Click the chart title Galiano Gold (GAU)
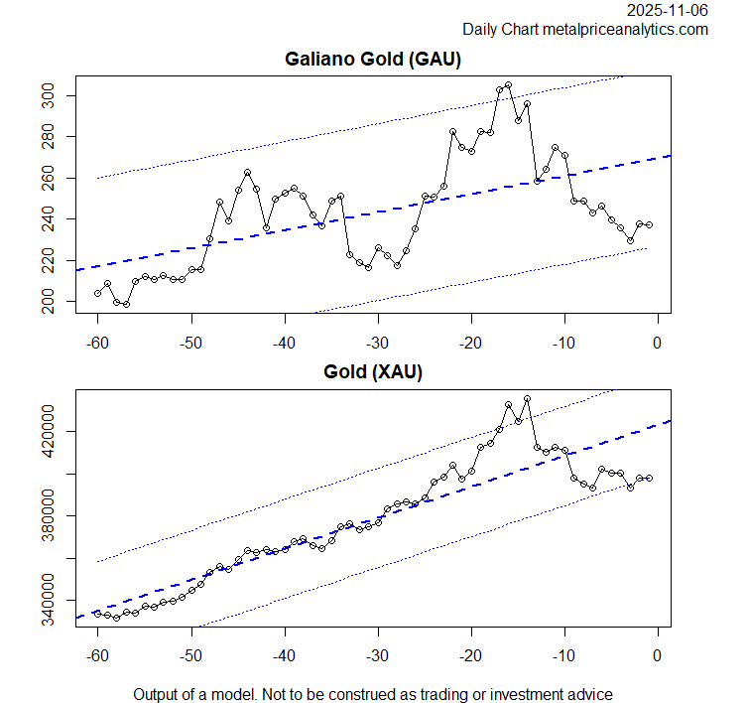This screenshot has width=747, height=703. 373,60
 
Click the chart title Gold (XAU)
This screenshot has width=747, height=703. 373,372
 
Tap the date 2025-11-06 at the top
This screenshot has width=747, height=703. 668,11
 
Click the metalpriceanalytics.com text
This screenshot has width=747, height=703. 625,30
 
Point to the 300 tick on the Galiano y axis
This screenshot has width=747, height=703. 59,95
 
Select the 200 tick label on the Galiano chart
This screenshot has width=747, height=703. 59,301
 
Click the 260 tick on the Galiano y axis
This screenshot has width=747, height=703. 59,178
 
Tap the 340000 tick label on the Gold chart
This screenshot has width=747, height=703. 59,601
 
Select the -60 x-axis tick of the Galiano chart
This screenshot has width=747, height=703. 97,343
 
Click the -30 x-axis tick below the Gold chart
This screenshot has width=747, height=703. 377,655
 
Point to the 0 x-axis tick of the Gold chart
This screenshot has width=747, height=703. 657,655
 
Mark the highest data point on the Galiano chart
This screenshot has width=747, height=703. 508,85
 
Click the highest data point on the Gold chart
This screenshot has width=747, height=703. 527,399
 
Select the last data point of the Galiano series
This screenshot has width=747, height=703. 649,225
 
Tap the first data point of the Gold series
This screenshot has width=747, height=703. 97,614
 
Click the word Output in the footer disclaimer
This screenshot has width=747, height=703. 159,694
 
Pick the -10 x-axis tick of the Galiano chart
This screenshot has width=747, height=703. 563,343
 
